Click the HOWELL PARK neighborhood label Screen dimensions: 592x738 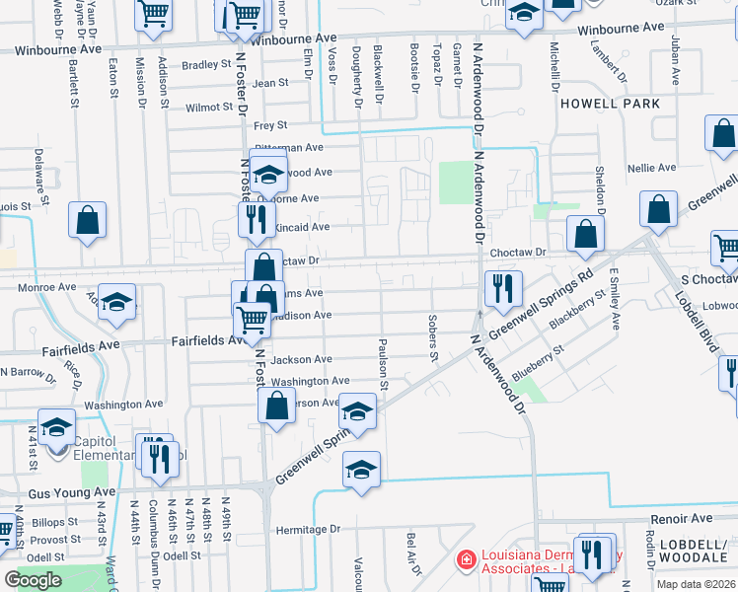pyautogui.click(x=608, y=103)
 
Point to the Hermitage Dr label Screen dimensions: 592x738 pyautogui.click(x=308, y=529)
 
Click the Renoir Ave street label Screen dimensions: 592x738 pyautogui.click(x=680, y=518)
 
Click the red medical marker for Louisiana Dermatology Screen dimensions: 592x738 pyautogui.click(x=464, y=560)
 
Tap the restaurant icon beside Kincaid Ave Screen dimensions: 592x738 pyautogui.click(x=257, y=219)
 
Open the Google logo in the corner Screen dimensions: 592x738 pyautogui.click(x=33, y=580)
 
